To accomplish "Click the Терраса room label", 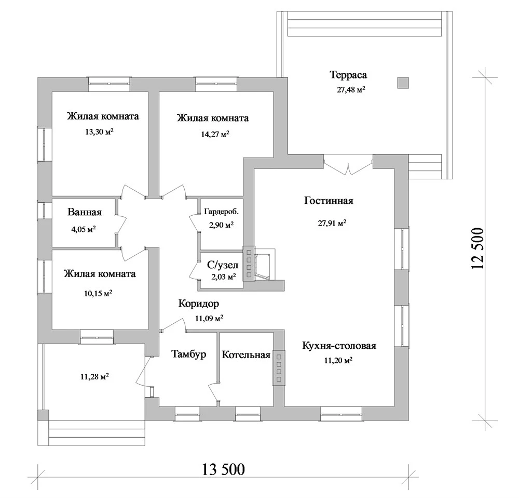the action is (x=348, y=75).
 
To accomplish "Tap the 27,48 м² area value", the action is (x=351, y=89).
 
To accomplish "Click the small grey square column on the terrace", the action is (x=403, y=83).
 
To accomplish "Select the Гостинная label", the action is (x=329, y=201).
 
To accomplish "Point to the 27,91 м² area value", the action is (x=332, y=223).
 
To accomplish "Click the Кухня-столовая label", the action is (x=339, y=346).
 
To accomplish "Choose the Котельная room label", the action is (x=246, y=355).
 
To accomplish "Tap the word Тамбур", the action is (x=189, y=354).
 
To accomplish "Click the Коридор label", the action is (x=199, y=304).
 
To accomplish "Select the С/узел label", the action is (x=223, y=265).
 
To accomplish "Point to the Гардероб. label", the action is (x=221, y=212).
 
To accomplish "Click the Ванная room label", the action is (x=85, y=212).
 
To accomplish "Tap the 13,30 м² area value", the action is (x=99, y=132).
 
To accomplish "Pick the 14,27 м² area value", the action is (x=215, y=134).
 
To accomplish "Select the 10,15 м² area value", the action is (x=98, y=293).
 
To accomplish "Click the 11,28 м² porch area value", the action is (x=94, y=377).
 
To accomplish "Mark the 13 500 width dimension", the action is (x=223, y=469).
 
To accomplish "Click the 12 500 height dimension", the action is (x=478, y=248).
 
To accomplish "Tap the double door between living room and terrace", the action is (x=348, y=165).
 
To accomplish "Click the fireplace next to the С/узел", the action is (x=264, y=264).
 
